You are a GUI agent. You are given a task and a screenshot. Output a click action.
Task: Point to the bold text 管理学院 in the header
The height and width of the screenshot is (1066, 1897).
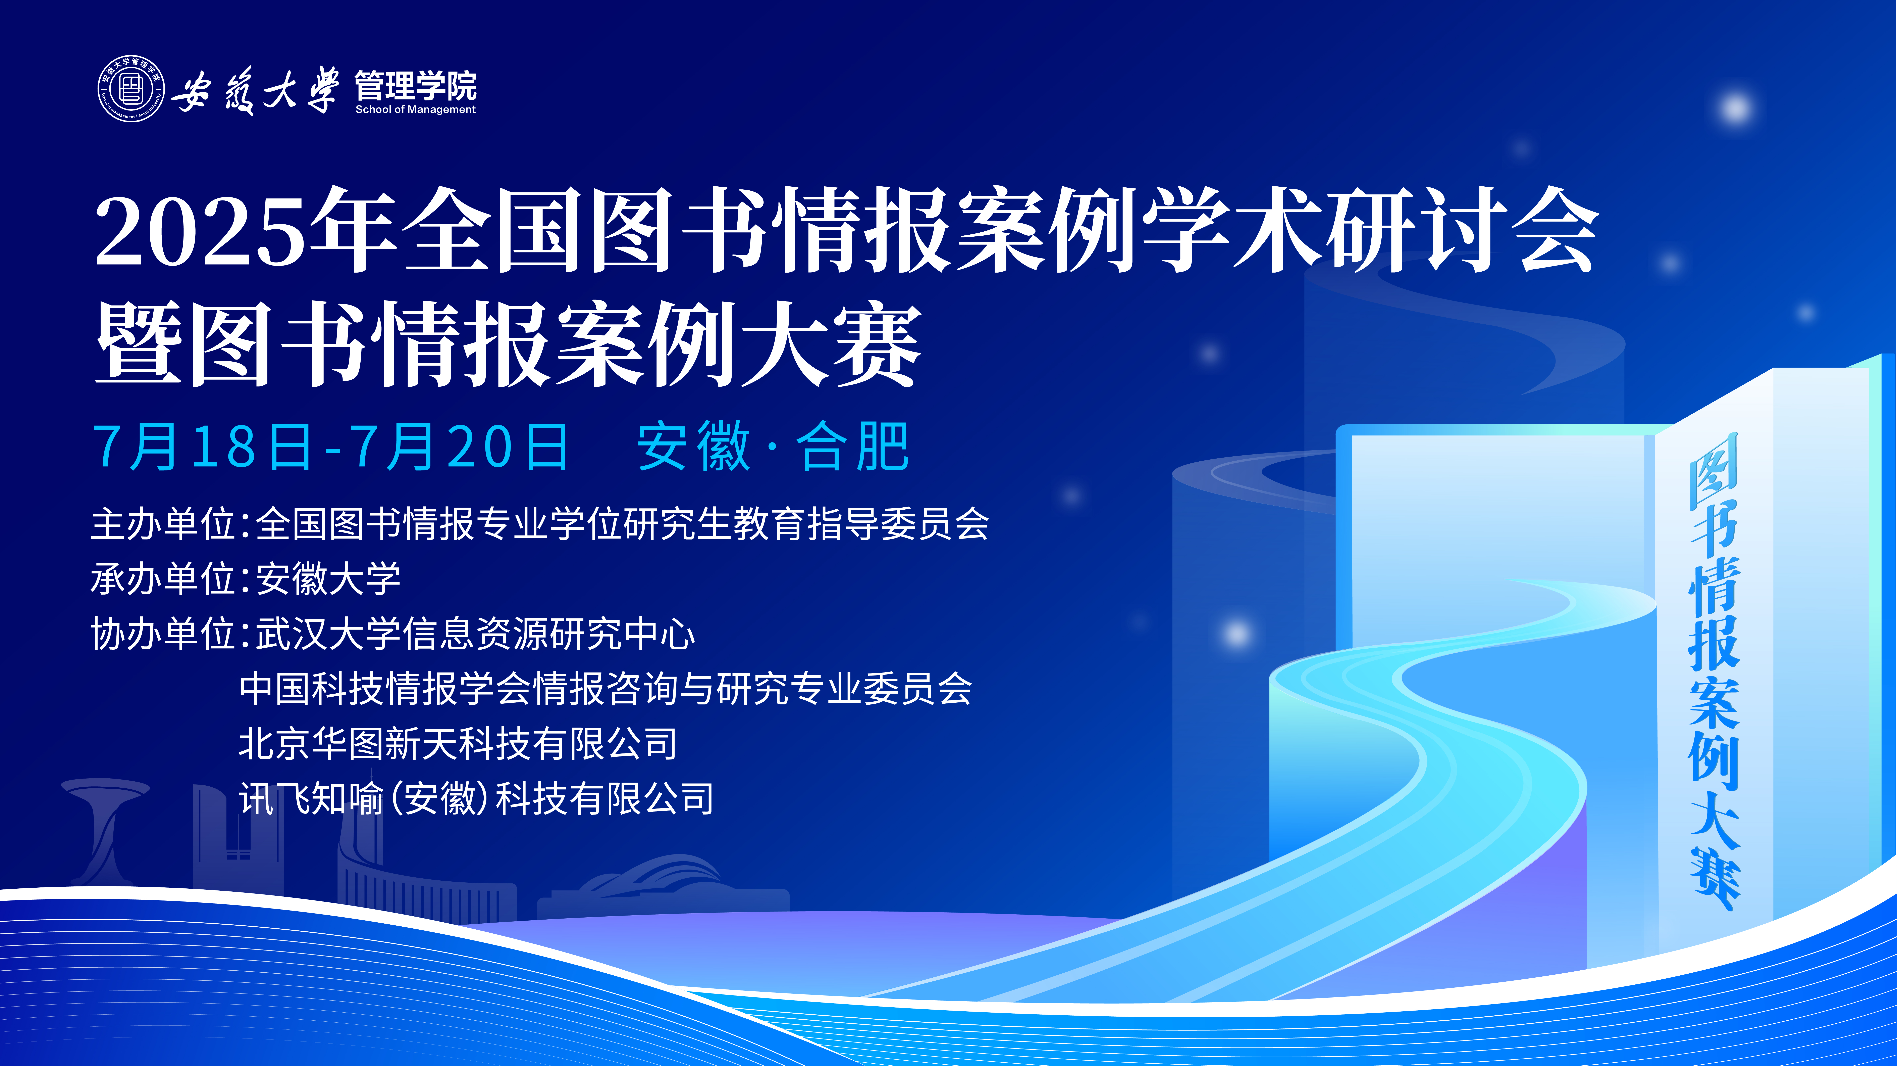click(x=415, y=85)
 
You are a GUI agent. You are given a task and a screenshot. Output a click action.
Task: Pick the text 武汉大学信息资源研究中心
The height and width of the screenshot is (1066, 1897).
click(x=475, y=634)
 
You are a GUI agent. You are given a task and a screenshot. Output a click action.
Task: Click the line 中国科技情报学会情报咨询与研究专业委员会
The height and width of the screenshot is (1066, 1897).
click(x=605, y=689)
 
